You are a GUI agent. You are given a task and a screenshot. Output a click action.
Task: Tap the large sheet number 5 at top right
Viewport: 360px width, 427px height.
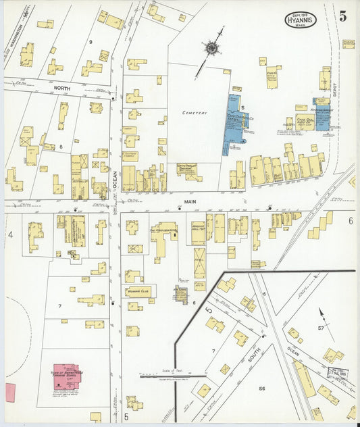(x=342, y=17)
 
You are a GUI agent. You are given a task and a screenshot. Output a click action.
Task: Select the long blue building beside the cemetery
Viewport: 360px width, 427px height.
(x=234, y=124)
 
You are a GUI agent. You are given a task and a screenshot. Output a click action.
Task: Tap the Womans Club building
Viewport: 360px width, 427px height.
(x=138, y=293)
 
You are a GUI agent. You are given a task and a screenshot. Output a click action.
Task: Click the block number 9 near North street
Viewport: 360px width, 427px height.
(x=91, y=43)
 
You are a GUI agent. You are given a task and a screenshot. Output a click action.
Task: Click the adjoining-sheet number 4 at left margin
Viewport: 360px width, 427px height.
(x=10, y=234)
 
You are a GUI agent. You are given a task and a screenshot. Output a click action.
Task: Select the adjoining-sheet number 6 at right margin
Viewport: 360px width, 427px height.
(x=351, y=221)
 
